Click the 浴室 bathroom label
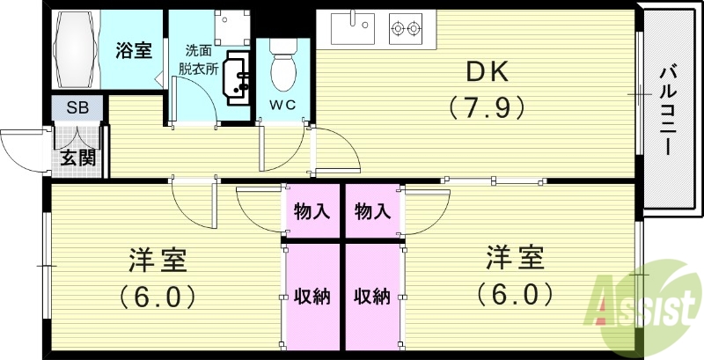[x=134, y=49]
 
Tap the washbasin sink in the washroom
[x=237, y=76]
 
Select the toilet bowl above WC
[x=284, y=68]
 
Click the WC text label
[x=284, y=106]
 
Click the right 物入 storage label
[x=372, y=211]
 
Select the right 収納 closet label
[x=372, y=296]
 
